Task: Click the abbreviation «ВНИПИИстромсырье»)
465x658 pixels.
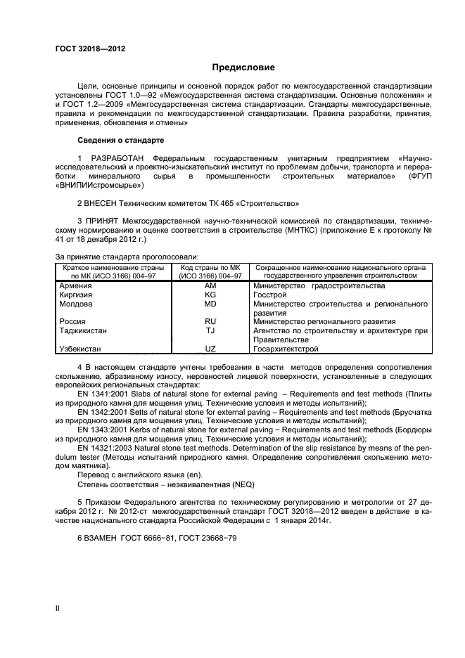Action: [99, 186]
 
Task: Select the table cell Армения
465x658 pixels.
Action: [75, 286]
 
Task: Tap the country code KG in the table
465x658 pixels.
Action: [210, 295]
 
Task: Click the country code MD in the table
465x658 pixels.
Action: [210, 304]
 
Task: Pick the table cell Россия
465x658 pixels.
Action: [72, 321]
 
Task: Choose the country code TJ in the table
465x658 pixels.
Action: [210, 330]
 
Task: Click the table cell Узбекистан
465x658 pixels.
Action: [79, 349]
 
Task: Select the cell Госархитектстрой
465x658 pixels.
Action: [286, 349]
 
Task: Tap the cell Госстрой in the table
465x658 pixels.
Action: [270, 295]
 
